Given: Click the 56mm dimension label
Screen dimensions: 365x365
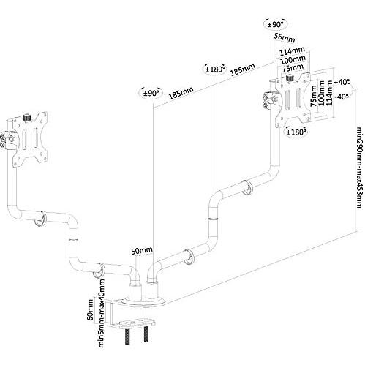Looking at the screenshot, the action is tap(285, 37).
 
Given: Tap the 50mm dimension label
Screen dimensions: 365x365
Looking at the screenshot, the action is tap(142, 251).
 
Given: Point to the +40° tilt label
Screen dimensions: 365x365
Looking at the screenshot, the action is tap(342, 82).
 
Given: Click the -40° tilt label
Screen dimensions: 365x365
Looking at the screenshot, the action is tap(342, 97).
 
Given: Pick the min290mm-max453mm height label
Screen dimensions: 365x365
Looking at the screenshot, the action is tap(359, 167).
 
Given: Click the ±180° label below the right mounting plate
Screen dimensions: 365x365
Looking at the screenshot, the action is tap(296, 132).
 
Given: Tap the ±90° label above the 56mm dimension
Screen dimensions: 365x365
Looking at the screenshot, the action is tap(276, 25).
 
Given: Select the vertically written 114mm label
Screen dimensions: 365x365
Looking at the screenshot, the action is tap(329, 93).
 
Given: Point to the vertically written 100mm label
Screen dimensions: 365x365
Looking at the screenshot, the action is tap(321, 94).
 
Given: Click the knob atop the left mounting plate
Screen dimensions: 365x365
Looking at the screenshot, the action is tap(26, 118).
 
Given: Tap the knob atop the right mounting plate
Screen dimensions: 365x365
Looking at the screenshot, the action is tap(290, 78).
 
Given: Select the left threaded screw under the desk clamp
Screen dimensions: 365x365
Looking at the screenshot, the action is tap(127, 336).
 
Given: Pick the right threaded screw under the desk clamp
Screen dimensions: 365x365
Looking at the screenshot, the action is tap(146, 334).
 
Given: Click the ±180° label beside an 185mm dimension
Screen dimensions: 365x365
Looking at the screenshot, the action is tap(214, 69).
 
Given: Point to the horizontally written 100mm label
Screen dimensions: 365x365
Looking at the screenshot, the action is tap(293, 59).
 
